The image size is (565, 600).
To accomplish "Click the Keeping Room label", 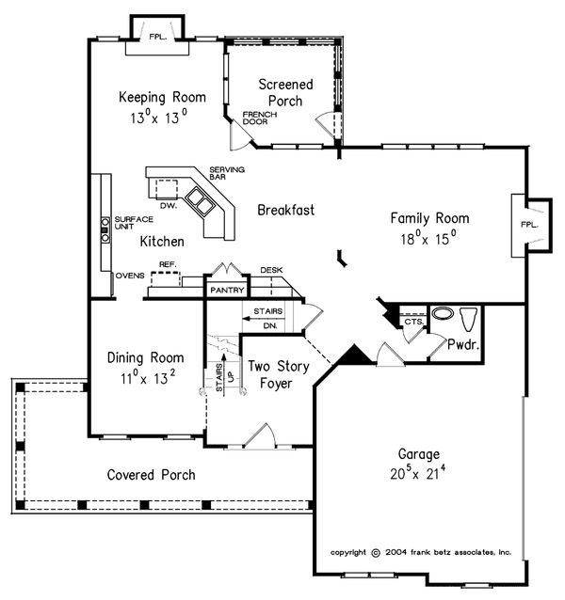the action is click(x=162, y=97).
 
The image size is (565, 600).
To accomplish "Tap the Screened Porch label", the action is click(x=285, y=92).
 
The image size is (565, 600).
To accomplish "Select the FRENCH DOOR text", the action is click(x=259, y=118).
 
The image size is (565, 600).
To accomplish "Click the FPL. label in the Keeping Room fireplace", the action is click(x=158, y=37).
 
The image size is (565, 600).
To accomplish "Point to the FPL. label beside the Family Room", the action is click(x=529, y=225).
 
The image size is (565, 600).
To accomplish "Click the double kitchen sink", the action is click(x=199, y=200).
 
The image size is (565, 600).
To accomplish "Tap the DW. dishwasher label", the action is click(x=169, y=206).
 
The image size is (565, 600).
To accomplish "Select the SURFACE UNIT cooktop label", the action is click(x=134, y=223).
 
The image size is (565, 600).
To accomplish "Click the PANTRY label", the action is click(x=227, y=290).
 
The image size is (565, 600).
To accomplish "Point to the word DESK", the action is click(x=271, y=270).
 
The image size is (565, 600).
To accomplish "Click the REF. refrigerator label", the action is click(x=168, y=264).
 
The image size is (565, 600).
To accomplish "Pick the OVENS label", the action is click(x=130, y=276).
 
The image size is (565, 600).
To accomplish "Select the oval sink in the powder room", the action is click(x=443, y=313).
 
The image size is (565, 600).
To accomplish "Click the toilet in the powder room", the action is click(x=468, y=319).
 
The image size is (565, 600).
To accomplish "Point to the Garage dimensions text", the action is click(x=417, y=472).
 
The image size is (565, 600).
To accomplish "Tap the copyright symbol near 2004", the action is click(x=376, y=553).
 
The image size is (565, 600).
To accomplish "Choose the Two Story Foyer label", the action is click(x=279, y=374).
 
